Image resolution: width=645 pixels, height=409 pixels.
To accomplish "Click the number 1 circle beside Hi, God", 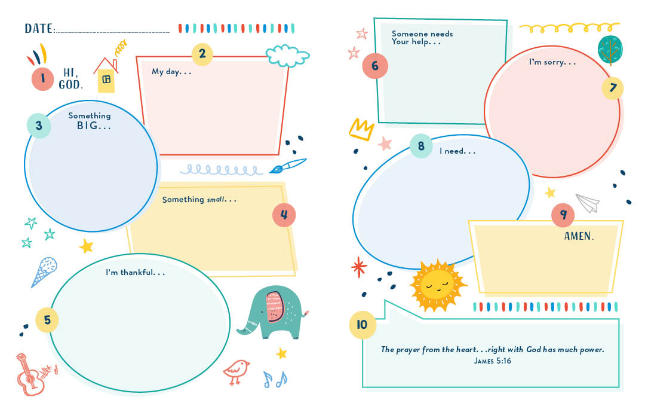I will point(43,78).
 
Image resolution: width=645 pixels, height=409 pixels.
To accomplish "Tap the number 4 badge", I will point(284,215).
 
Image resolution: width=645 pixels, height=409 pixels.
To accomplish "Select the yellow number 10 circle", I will point(362,325).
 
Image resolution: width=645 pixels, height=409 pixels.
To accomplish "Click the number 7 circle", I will point(613,88).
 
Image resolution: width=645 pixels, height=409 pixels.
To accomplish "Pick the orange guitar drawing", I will point(35,374).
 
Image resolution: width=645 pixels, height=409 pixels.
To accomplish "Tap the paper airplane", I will point(588,202).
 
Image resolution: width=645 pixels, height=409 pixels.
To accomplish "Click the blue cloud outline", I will point(288,56).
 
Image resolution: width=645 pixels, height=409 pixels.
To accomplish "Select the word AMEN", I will point(579,236).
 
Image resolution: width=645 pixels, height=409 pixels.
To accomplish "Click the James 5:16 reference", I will point(493,361).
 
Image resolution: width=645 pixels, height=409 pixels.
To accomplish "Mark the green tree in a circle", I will point(610,49).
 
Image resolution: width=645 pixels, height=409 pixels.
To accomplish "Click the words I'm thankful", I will point(135,273).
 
